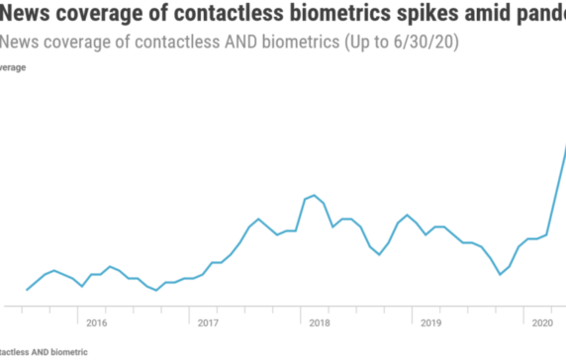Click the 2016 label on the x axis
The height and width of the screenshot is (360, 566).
pos(97,322)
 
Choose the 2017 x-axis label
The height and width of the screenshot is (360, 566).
pos(208,322)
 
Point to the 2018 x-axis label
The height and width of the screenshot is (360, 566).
pos(320,322)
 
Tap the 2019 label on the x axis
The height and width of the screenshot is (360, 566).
pos(430,322)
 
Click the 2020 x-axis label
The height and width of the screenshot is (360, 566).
pos(541,322)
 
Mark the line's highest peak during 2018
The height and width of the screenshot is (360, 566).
pos(314,195)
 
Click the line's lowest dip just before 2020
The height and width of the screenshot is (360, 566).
pos(501,274)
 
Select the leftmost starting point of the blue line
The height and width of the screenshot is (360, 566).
pos(26,290)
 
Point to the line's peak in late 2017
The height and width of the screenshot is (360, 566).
pos(258,219)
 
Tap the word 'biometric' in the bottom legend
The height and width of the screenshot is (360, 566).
pos(71,351)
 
